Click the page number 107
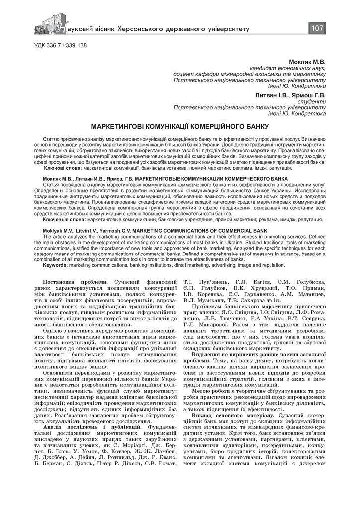click(317, 28)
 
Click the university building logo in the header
click(50, 25)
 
